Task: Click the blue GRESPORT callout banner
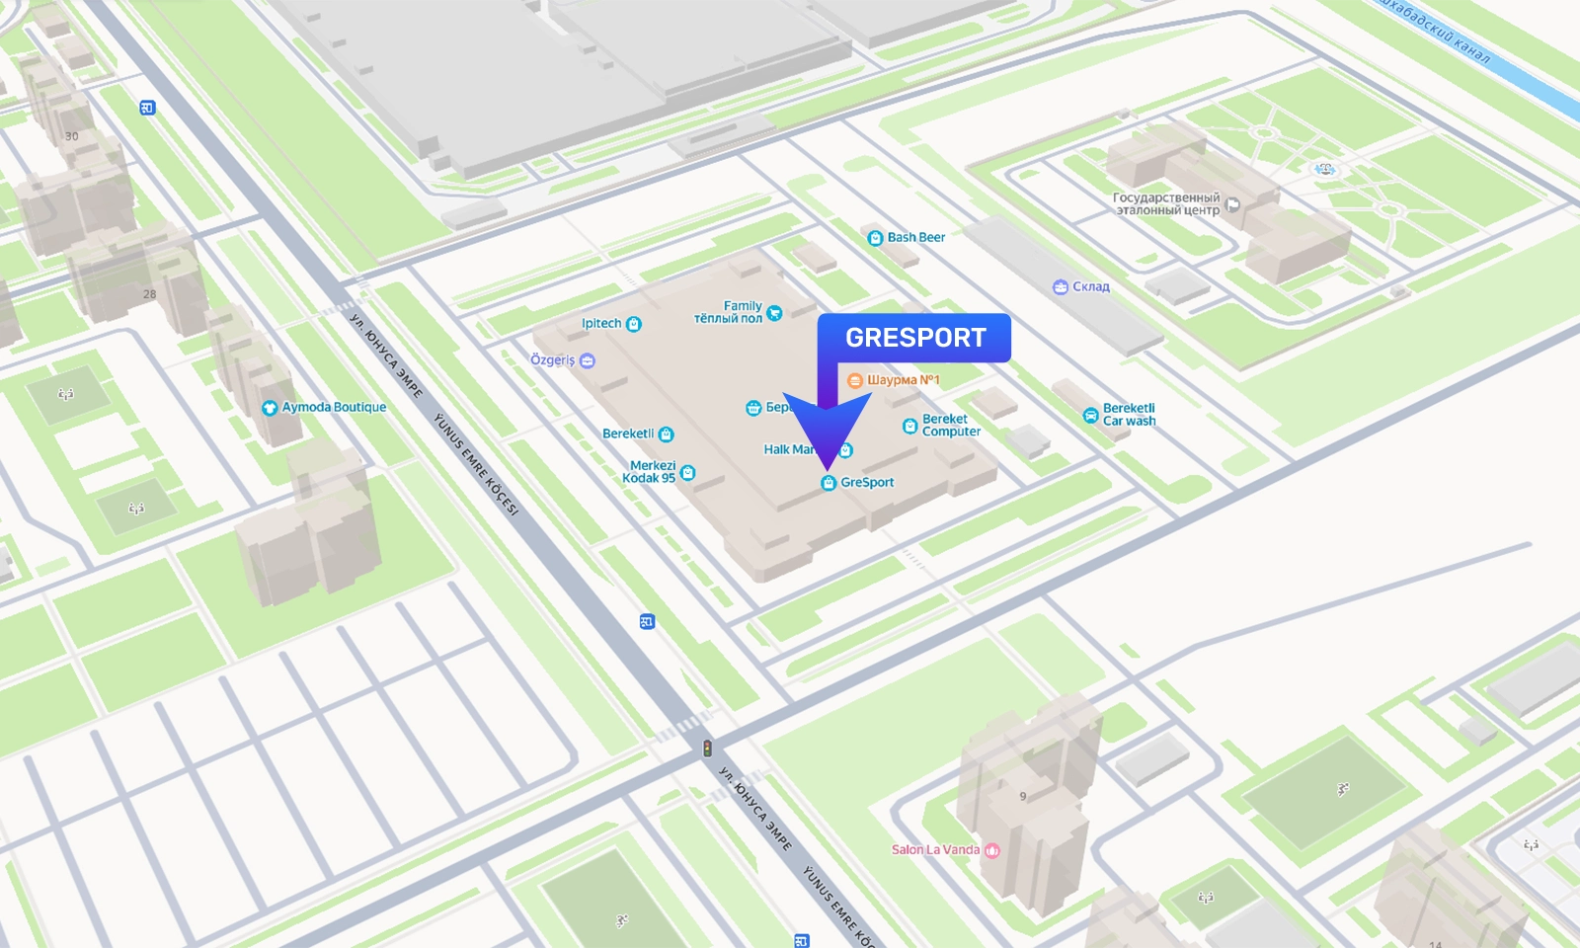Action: coord(913,338)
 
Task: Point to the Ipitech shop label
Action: coord(601,324)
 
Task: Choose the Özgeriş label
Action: coord(553,360)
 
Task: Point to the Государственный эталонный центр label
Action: coord(1166,204)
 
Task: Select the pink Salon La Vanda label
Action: coord(935,850)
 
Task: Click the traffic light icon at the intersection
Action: coord(707,749)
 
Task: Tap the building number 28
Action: coord(149,294)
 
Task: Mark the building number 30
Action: coord(71,136)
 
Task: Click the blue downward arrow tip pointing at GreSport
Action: coord(828,466)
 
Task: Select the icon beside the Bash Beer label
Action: coord(875,238)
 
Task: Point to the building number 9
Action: coord(1023,796)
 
